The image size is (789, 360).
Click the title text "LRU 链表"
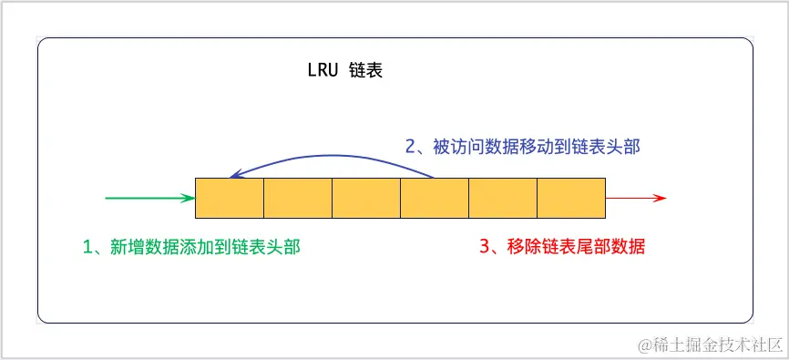coord(344,71)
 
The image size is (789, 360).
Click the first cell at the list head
coord(230,198)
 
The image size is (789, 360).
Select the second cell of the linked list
coord(298,198)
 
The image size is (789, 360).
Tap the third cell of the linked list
coord(366,198)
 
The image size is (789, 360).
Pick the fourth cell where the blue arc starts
coord(435,198)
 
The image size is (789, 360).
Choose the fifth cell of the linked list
coord(503,198)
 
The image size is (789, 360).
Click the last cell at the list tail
coord(571,198)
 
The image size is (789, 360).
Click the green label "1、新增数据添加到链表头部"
coord(191,246)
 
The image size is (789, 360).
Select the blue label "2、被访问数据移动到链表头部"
coord(528,146)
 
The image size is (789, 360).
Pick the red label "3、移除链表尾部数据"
coord(561,246)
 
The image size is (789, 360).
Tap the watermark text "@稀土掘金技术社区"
coord(711,345)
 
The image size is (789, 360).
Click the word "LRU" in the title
coord(323,71)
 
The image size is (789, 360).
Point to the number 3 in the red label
coord(484,246)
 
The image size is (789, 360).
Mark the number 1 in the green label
coord(88,246)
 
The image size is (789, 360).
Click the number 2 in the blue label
coord(410,146)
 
